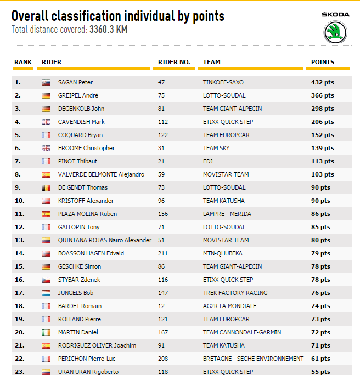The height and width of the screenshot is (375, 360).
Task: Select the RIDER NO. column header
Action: pyautogui.click(x=174, y=62)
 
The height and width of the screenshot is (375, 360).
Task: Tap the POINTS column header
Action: pyautogui.click(x=323, y=62)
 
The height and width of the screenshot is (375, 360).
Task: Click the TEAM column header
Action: pyautogui.click(x=212, y=62)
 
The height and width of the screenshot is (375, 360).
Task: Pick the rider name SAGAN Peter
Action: pyautogui.click(x=75, y=82)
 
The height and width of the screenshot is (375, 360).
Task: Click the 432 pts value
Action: pyautogui.click(x=323, y=82)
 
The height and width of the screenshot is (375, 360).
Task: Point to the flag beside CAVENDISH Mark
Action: pyautogui.click(x=46, y=122)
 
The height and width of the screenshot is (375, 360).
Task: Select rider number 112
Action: pyautogui.click(x=163, y=122)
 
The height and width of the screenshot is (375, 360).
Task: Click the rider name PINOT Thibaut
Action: pyautogui.click(x=77, y=161)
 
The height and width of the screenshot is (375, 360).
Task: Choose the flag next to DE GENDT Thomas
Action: pyautogui.click(x=46, y=187)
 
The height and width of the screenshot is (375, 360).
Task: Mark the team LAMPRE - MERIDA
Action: pyautogui.click(x=228, y=214)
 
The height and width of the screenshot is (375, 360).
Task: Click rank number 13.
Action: pyautogui.click(x=18, y=240)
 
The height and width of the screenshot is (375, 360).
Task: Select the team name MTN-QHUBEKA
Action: pyautogui.click(x=223, y=253)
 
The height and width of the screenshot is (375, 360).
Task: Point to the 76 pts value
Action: pyautogui.click(x=321, y=293)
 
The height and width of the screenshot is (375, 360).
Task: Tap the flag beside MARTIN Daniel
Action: pyautogui.click(x=46, y=332)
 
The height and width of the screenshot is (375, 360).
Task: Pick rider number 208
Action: pyautogui.click(x=163, y=359)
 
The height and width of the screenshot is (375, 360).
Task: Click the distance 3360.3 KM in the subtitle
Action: pyautogui.click(x=109, y=29)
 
